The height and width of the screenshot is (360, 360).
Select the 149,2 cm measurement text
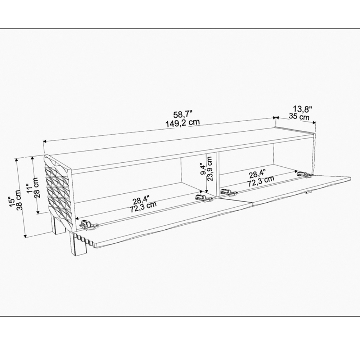click(183, 123)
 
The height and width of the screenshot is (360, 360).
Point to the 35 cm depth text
click(299, 117)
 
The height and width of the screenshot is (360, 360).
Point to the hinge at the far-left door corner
click(88, 224)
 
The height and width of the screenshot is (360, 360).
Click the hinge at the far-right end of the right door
click(304, 175)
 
